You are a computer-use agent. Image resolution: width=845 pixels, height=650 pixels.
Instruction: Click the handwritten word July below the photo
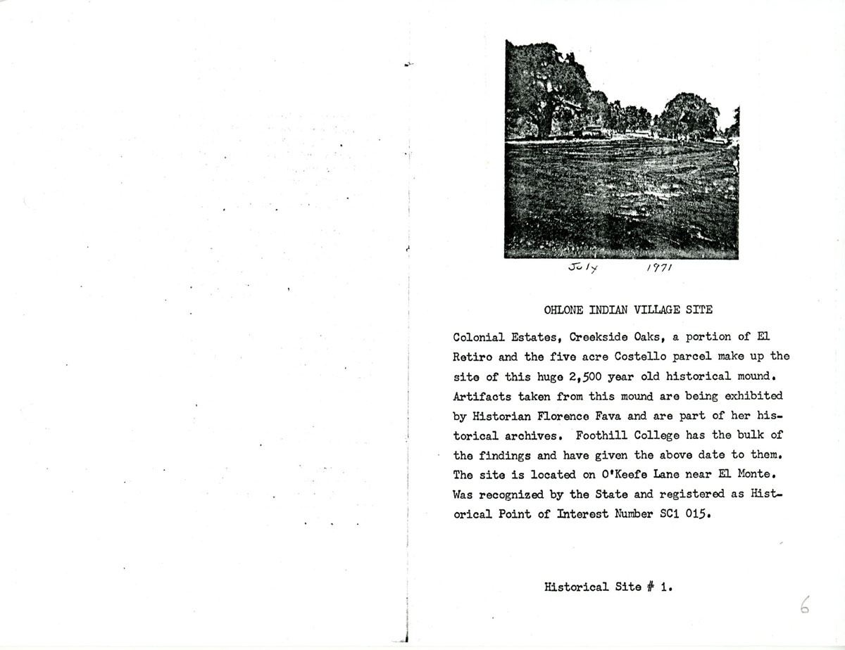tap(582, 268)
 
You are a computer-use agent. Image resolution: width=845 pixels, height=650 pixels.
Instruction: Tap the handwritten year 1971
tap(660, 268)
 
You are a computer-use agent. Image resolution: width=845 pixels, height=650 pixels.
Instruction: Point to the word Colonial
tap(478, 336)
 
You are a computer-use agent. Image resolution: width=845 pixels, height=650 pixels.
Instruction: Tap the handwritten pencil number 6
tap(805, 604)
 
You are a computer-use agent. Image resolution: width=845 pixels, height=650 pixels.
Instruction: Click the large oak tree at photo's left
tap(542, 88)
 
